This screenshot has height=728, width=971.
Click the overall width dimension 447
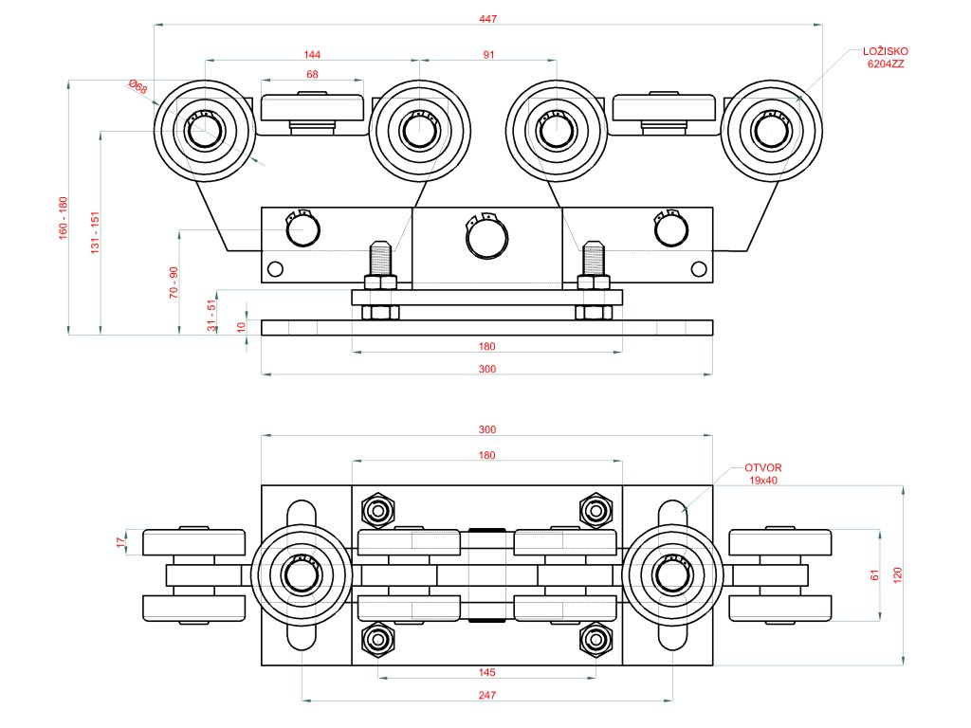click(487, 19)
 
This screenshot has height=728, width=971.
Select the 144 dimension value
click(312, 55)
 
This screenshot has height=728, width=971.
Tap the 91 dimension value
click(488, 55)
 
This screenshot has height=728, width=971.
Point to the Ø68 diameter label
click(138, 87)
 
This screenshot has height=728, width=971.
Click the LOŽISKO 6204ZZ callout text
click(886, 58)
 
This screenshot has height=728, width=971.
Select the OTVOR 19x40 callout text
click(763, 474)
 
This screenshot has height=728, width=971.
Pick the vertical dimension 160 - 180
click(63, 219)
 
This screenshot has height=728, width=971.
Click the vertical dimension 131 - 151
click(95, 232)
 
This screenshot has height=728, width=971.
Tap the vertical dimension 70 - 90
click(174, 282)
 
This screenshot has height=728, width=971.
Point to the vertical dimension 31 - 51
click(211, 315)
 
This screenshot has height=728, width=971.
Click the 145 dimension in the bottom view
click(486, 672)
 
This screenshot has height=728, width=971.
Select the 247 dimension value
click(486, 695)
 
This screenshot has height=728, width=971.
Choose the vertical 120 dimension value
click(897, 575)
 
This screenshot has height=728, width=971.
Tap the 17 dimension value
click(120, 542)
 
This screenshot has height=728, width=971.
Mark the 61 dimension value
click(874, 575)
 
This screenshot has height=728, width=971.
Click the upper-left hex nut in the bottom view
click(377, 511)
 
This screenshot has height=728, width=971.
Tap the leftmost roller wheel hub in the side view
click(204, 131)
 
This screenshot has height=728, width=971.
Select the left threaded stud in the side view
click(380, 258)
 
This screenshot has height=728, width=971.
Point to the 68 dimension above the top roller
click(312, 74)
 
